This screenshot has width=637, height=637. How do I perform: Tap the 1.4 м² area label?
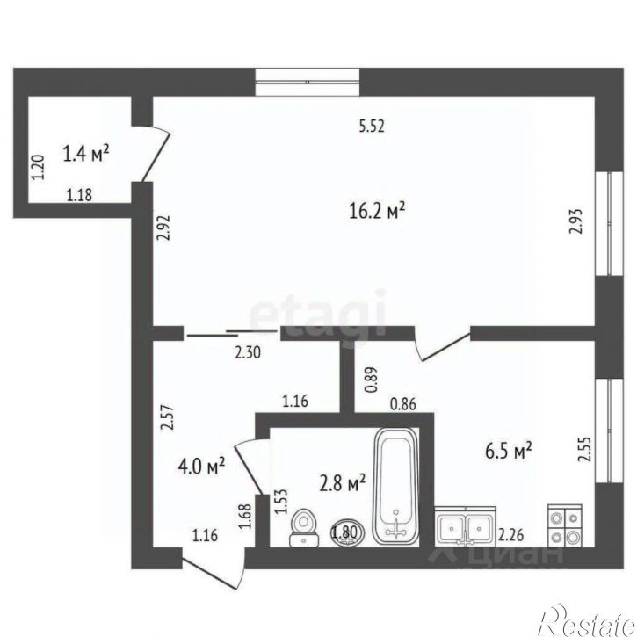[86, 156]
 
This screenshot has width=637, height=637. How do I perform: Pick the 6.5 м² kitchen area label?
[511, 452]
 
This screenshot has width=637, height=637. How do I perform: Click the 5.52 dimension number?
[373, 126]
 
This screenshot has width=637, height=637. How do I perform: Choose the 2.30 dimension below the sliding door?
[247, 354]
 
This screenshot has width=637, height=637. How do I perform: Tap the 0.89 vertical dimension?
[370, 378]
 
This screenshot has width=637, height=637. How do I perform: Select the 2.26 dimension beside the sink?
[511, 535]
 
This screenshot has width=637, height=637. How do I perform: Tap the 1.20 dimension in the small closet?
[37, 167]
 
